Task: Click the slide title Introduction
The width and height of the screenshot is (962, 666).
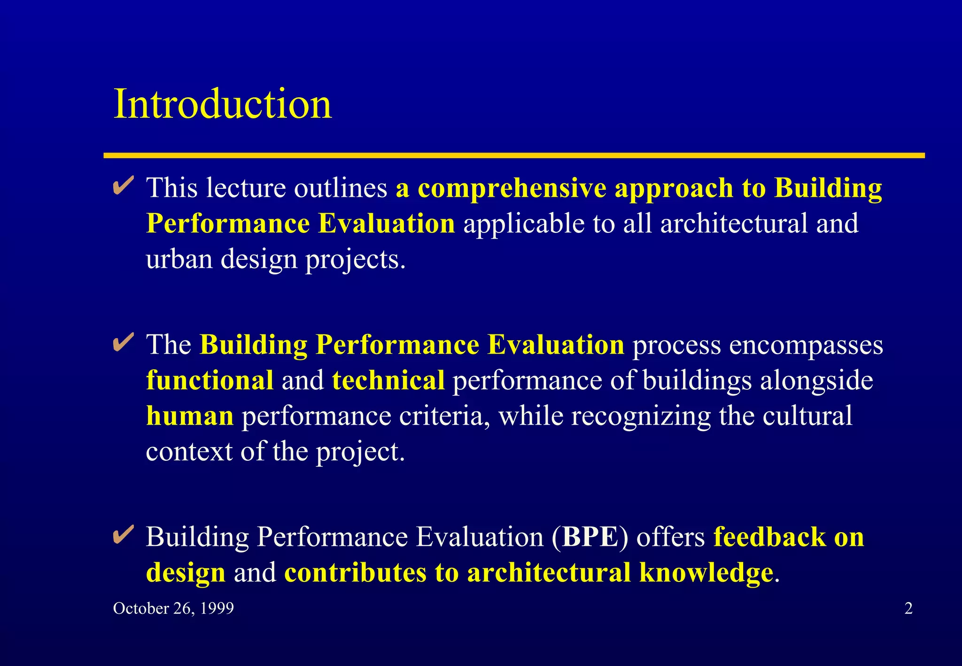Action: (223, 104)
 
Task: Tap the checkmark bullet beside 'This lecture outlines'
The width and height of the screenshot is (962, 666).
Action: (124, 186)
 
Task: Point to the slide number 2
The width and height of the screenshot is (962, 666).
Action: (908, 608)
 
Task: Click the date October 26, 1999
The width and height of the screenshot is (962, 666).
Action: (173, 608)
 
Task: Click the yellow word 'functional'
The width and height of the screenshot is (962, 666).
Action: (209, 380)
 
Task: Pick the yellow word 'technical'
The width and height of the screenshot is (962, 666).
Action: (388, 380)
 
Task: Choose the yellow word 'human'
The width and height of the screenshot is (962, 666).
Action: (190, 416)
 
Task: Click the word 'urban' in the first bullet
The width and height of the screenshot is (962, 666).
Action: (179, 259)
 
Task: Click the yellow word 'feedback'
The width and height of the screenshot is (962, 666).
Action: (769, 536)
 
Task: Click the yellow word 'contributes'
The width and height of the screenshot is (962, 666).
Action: (355, 573)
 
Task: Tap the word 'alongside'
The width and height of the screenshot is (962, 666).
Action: (816, 381)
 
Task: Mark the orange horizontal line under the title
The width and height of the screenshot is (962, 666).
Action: (514, 155)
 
